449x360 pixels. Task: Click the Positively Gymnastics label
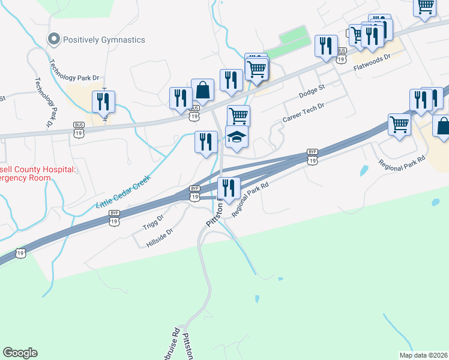(x=105, y=40)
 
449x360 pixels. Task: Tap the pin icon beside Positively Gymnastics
(x=53, y=40)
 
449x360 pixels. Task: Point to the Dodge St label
(x=312, y=92)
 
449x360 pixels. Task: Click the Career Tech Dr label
(x=303, y=113)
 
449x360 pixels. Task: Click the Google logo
(x=20, y=353)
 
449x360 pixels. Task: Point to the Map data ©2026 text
(x=424, y=355)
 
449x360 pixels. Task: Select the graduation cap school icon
(x=237, y=137)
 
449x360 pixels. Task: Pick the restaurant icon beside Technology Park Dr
(x=104, y=101)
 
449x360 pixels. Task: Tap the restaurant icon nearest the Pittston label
(x=229, y=188)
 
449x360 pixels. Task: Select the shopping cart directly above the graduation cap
(x=238, y=115)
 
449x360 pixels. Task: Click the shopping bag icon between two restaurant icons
(x=203, y=89)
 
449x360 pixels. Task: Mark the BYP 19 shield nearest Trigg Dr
(x=115, y=217)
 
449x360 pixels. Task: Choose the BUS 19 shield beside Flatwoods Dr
(x=342, y=55)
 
